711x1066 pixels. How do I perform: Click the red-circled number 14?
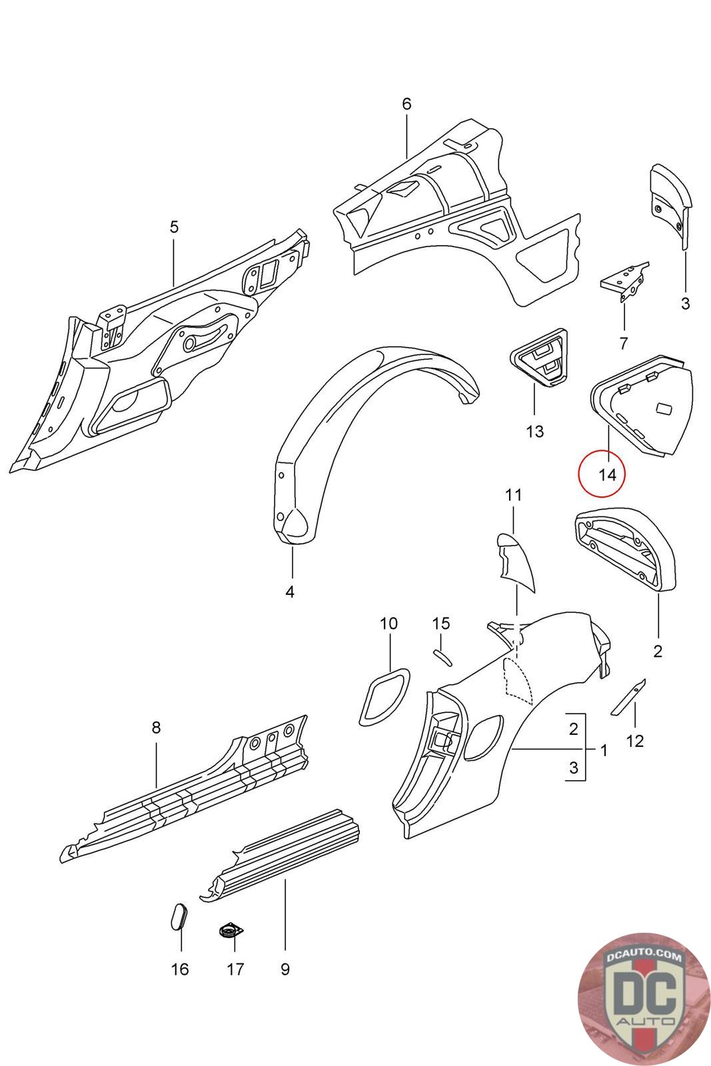pyautogui.click(x=607, y=474)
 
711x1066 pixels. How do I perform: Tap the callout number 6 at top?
pyautogui.click(x=406, y=104)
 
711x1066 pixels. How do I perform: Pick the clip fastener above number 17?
pyautogui.click(x=230, y=930)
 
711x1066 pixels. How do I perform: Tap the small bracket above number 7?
pyautogui.click(x=624, y=281)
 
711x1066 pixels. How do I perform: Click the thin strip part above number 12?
pyautogui.click(x=628, y=697)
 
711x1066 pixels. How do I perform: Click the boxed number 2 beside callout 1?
pyautogui.click(x=573, y=729)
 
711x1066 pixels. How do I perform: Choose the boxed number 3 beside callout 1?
pyautogui.click(x=573, y=768)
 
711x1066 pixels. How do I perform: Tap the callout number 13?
pyautogui.click(x=534, y=432)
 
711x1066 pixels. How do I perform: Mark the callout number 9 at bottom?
pyautogui.click(x=285, y=969)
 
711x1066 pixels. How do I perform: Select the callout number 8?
pyautogui.click(x=156, y=727)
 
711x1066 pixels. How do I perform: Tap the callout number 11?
pyautogui.click(x=513, y=495)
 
